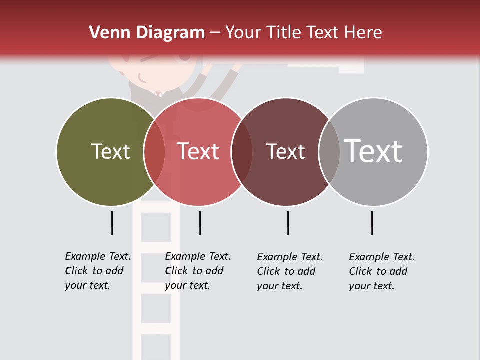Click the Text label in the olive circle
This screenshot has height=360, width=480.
click(110, 151)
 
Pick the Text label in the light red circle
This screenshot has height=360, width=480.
click(198, 151)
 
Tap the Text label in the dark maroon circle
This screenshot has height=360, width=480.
click(285, 151)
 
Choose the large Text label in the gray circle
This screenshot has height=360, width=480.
click(373, 151)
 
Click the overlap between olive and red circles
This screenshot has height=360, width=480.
click(154, 152)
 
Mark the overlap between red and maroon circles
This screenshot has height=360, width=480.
click(242, 152)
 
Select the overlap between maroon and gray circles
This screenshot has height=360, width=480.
click(329, 152)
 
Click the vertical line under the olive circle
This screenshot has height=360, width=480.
click(112, 223)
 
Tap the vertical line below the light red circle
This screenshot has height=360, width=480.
click(200, 223)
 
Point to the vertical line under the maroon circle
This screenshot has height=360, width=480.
click(288, 223)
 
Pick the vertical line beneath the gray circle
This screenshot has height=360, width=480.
click(372, 223)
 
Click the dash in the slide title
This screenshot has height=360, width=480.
click(215, 33)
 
